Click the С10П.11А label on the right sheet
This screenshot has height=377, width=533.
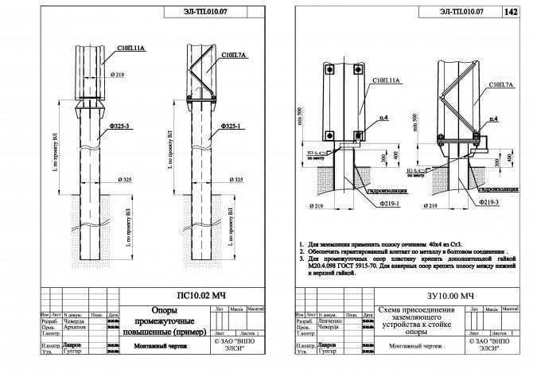386,82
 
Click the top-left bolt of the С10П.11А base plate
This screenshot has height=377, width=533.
328,69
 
